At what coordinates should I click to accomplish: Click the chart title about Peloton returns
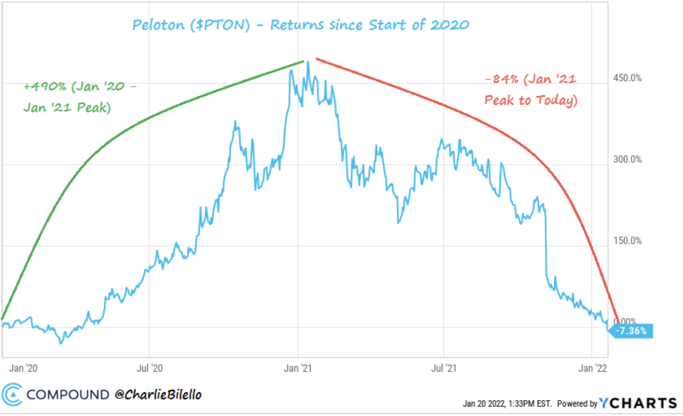[300, 25]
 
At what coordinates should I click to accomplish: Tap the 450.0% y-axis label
[627, 78]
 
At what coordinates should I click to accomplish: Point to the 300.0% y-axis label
[627, 159]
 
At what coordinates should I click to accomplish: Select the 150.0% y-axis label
[627, 241]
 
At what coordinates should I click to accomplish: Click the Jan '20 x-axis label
[23, 368]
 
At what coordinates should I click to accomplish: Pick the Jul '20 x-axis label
[150, 368]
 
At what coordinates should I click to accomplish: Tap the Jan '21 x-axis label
[298, 368]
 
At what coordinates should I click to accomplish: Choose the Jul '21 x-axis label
[443, 368]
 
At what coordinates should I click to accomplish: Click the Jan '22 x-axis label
[592, 368]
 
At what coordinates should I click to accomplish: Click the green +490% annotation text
[79, 97]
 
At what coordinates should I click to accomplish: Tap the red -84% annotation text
[531, 90]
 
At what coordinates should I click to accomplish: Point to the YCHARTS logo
[638, 403]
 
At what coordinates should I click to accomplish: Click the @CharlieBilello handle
[158, 394]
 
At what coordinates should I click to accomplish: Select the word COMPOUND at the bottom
[67, 394]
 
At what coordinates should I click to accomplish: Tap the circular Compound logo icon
[12, 394]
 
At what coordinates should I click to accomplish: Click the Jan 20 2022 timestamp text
[507, 404]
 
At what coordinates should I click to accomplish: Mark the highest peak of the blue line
[308, 62]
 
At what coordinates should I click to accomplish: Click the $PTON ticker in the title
[220, 25]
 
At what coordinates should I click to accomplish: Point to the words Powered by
[577, 404]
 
